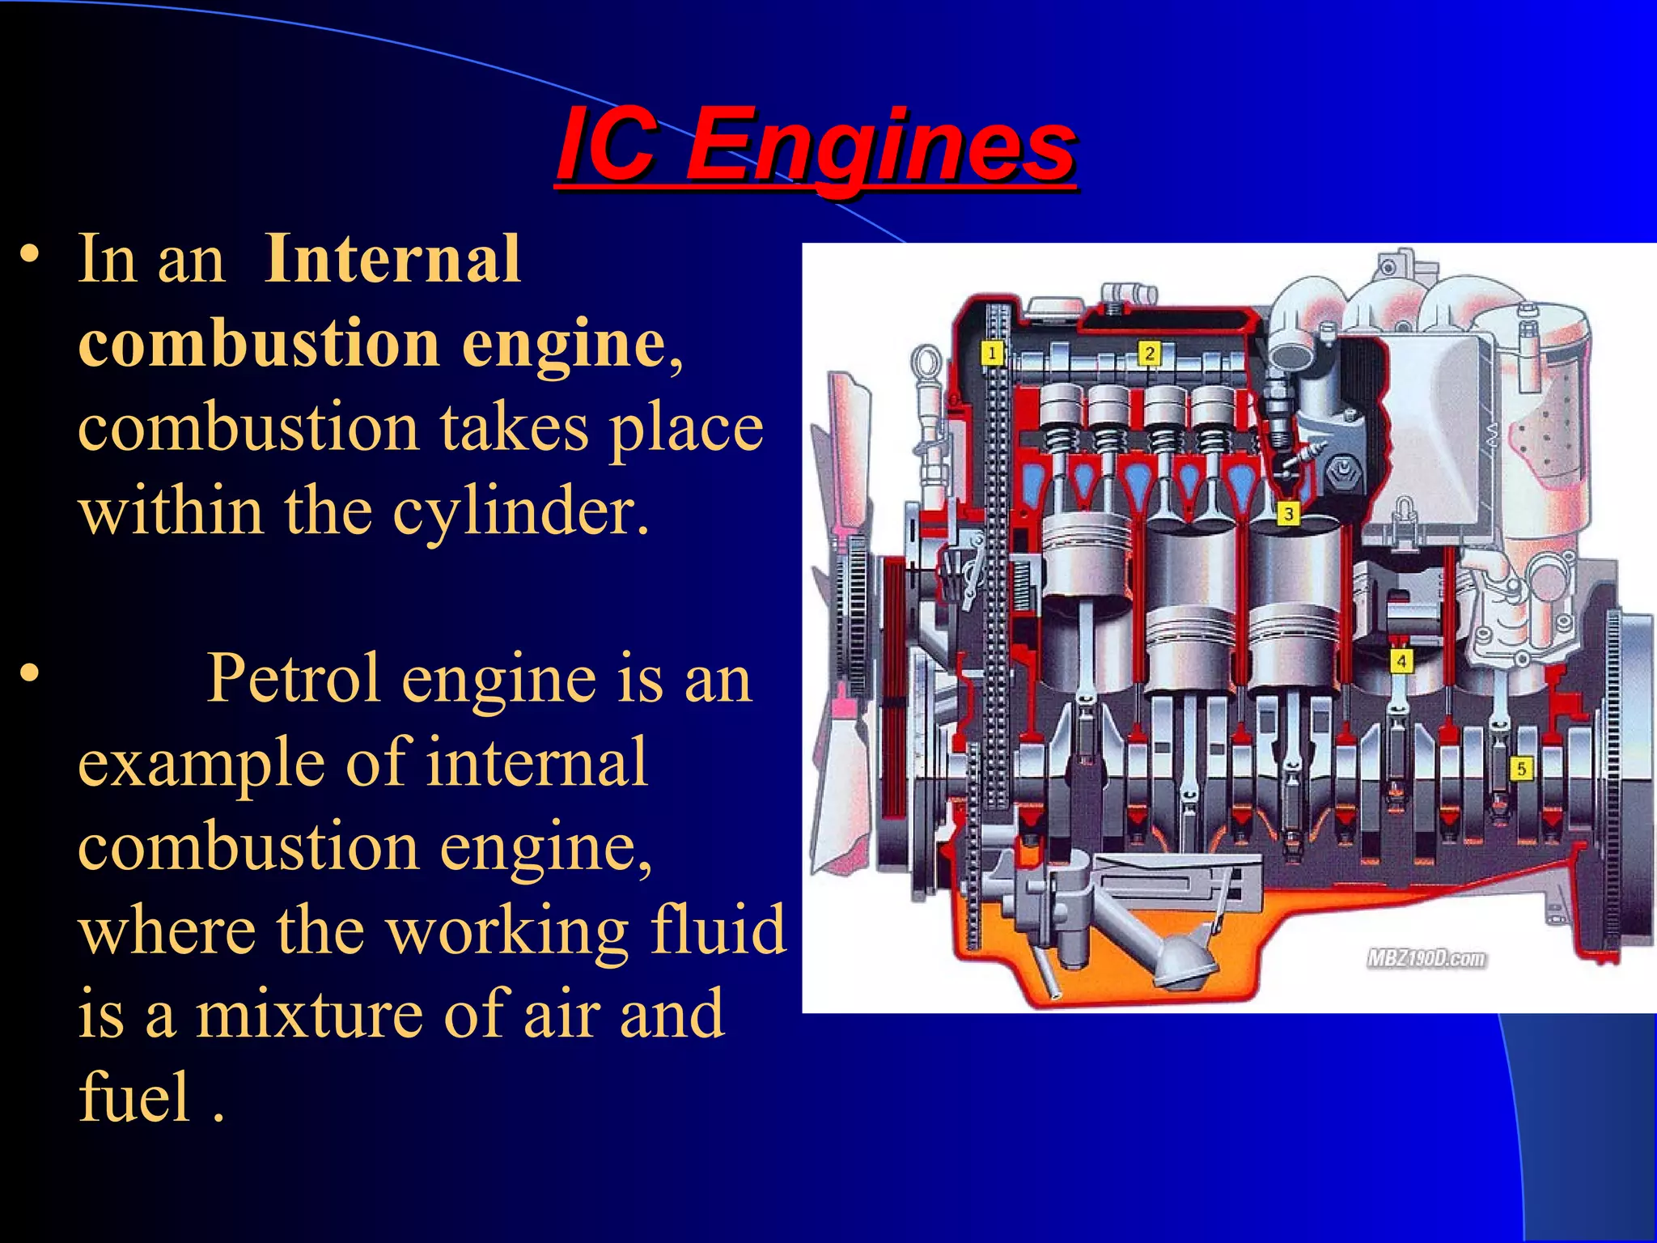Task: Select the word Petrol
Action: pos(294,678)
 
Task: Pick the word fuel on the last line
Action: pos(134,1098)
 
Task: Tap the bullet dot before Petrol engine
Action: pos(30,673)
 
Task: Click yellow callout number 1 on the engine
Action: pos(992,353)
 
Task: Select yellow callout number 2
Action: pos(1149,353)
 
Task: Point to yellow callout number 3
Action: pos(1288,513)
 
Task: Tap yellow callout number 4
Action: pos(1401,661)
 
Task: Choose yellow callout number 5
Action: pos(1521,768)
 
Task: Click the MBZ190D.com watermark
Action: pos(1426,959)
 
